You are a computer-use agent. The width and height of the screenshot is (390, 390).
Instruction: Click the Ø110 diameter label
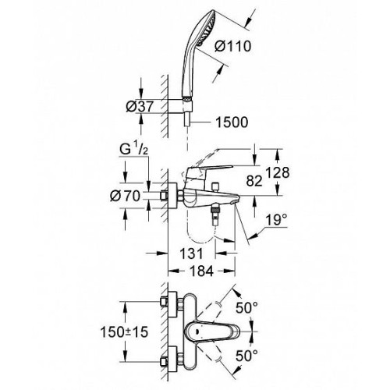[x=233, y=47]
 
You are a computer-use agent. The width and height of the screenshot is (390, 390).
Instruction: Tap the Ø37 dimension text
[x=140, y=106]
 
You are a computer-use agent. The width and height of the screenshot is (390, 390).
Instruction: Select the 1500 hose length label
[x=232, y=122]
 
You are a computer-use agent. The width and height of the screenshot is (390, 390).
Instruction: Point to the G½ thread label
[x=133, y=150]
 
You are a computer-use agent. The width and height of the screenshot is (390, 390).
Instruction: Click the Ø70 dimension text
[x=125, y=196]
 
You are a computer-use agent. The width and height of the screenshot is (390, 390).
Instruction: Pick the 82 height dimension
[x=254, y=180]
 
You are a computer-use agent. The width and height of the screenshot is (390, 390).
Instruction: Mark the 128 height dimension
[x=278, y=172]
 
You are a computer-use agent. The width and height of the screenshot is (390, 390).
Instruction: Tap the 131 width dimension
[x=191, y=253]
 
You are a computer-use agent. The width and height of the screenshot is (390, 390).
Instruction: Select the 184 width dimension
[x=201, y=271]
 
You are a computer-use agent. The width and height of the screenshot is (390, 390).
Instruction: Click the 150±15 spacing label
[x=124, y=332]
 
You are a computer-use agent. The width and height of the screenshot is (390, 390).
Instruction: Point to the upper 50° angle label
[x=246, y=308]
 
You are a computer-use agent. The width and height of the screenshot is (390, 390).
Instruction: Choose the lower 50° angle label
[x=246, y=356]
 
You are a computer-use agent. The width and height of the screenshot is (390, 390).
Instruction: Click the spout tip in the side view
[x=235, y=201]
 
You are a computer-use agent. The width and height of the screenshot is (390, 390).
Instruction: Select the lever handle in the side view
[x=209, y=171]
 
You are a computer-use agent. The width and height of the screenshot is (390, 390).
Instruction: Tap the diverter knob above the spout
[x=215, y=186]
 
